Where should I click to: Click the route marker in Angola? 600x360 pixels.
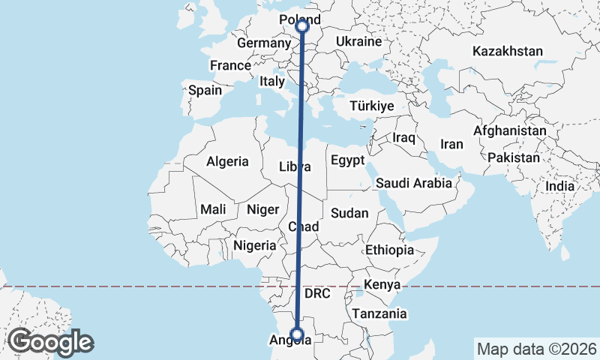pyautogui.click(x=298, y=334)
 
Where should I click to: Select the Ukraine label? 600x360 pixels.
pyautogui.click(x=358, y=41)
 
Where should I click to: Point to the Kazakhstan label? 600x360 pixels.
pyautogui.click(x=507, y=52)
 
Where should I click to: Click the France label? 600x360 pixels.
pyautogui.click(x=230, y=66)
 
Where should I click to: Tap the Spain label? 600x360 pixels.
pyautogui.click(x=205, y=90)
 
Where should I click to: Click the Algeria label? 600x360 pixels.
pyautogui.click(x=227, y=161)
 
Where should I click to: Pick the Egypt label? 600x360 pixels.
pyautogui.click(x=347, y=160)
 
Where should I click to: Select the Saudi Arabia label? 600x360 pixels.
pyautogui.click(x=414, y=183)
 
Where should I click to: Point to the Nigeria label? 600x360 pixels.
pyautogui.click(x=255, y=245)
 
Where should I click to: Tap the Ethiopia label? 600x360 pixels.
pyautogui.click(x=389, y=250)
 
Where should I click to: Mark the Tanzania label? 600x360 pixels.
pyautogui.click(x=380, y=313)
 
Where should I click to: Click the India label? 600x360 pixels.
pyautogui.click(x=559, y=186)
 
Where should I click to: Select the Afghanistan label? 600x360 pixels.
pyautogui.click(x=510, y=130)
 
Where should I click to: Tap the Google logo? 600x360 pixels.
pyautogui.click(x=50, y=342)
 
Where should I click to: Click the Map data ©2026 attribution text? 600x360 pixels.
pyautogui.click(x=536, y=349)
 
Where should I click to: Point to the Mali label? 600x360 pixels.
pyautogui.click(x=213, y=209)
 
